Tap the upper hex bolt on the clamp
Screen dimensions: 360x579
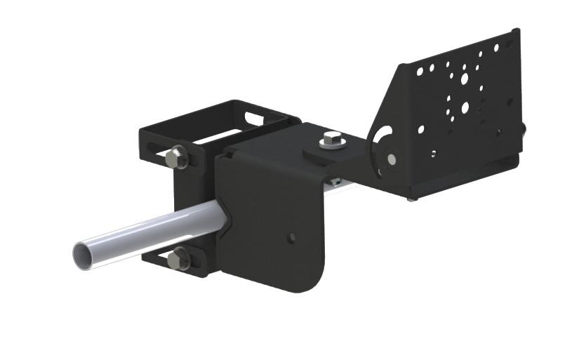coord(178,156)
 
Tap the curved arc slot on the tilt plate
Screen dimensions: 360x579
coord(385,138)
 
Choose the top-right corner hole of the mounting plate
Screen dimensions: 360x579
coord(496,48)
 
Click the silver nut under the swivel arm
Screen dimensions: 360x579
coord(336,182)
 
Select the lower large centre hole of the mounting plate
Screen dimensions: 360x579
coord(464,108)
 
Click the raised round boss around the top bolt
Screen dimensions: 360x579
coord(324,151)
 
